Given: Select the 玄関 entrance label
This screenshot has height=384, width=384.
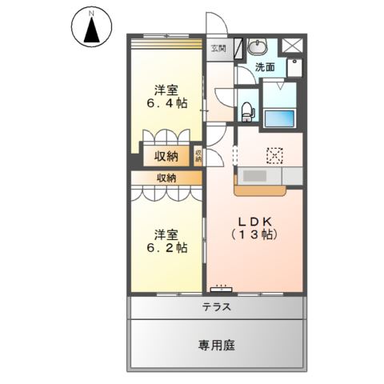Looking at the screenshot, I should click(218, 49).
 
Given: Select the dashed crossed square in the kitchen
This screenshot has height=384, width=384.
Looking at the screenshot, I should click(275, 155).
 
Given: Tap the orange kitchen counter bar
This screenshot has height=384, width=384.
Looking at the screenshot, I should click(258, 190).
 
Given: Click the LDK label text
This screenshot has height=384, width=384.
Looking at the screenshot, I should click(254, 219).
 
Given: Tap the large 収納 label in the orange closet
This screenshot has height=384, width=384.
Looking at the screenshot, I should click(166, 155).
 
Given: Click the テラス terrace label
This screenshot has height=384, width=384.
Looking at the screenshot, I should click(217, 306).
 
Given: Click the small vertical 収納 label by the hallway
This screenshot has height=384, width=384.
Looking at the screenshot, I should click(198, 155).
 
